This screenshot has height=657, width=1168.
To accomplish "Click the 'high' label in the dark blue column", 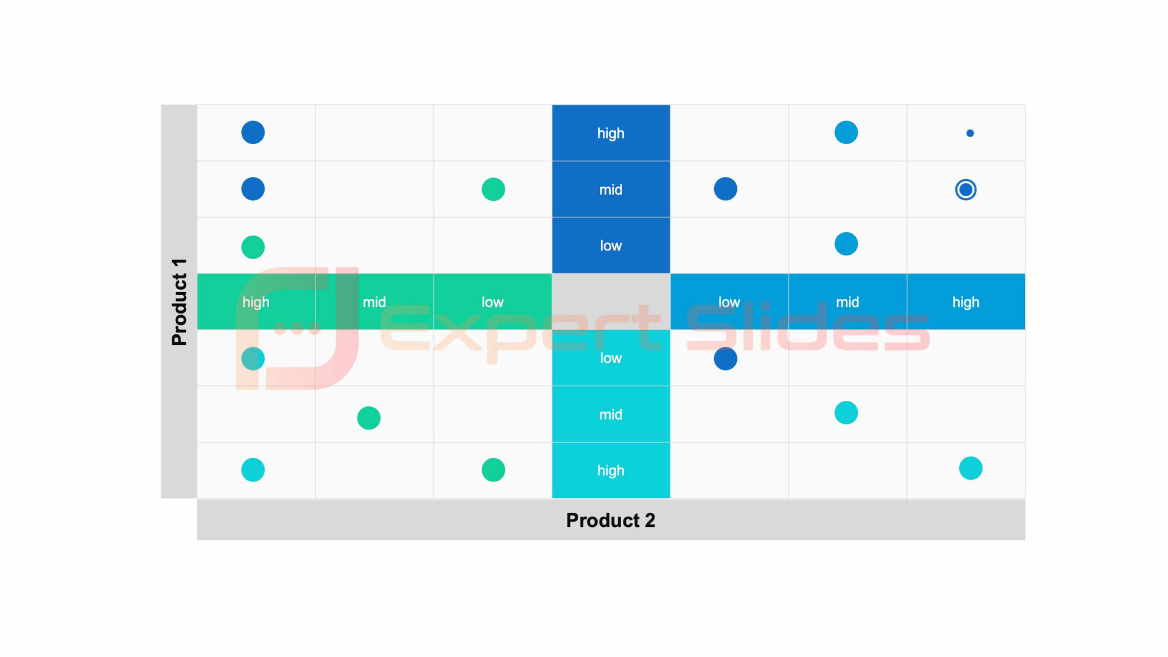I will click(x=610, y=133).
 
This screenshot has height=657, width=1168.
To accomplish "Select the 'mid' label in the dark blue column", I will click(x=610, y=189).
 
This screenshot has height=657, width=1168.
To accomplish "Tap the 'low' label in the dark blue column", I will click(x=610, y=246).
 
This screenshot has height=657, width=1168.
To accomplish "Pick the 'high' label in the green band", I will click(x=255, y=302).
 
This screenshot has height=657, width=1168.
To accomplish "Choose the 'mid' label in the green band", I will click(x=374, y=302).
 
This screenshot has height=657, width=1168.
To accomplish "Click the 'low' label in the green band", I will click(x=492, y=302).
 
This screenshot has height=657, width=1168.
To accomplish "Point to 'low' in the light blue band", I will click(x=729, y=302).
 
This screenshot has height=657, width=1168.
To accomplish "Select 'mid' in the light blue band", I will click(x=847, y=302).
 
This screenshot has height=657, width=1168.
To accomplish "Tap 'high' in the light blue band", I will click(x=966, y=302).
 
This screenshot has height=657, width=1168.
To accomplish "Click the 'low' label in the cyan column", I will click(x=610, y=358).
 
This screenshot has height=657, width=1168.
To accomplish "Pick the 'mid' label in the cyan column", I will click(x=610, y=415).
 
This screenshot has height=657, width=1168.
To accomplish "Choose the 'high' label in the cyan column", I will click(x=610, y=471).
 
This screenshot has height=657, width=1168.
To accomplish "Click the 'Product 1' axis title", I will click(x=179, y=302).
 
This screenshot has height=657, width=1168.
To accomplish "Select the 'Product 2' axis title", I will click(x=610, y=520).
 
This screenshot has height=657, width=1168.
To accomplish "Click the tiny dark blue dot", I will click(x=970, y=133).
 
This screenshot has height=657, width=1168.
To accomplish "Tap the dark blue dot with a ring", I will click(x=966, y=189).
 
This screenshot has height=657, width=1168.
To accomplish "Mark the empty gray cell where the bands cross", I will click(x=610, y=302).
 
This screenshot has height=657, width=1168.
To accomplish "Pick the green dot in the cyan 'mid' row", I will click(x=368, y=418).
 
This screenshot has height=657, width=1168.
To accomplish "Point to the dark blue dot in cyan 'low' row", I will click(x=725, y=359).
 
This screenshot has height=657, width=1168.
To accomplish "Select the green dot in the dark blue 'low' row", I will click(x=253, y=247).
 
